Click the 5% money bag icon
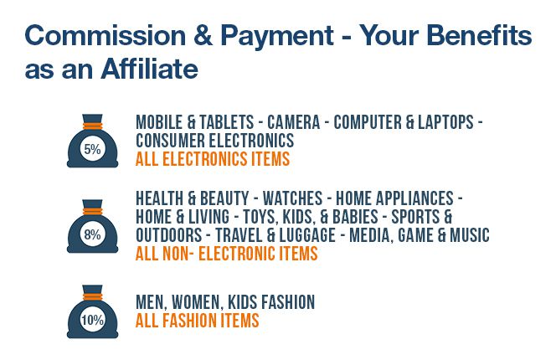(93, 141)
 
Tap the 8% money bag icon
(93, 226)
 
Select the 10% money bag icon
(93, 311)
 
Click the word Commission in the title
(106, 35)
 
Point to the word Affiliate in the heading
(149, 69)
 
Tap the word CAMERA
(294, 122)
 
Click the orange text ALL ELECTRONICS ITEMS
(213, 159)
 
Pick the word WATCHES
(292, 198)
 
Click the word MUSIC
(470, 235)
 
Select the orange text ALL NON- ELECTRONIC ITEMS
(227, 254)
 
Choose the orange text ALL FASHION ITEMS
(197, 321)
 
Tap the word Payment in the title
(277, 37)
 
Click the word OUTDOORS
(169, 235)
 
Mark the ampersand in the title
(203, 35)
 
